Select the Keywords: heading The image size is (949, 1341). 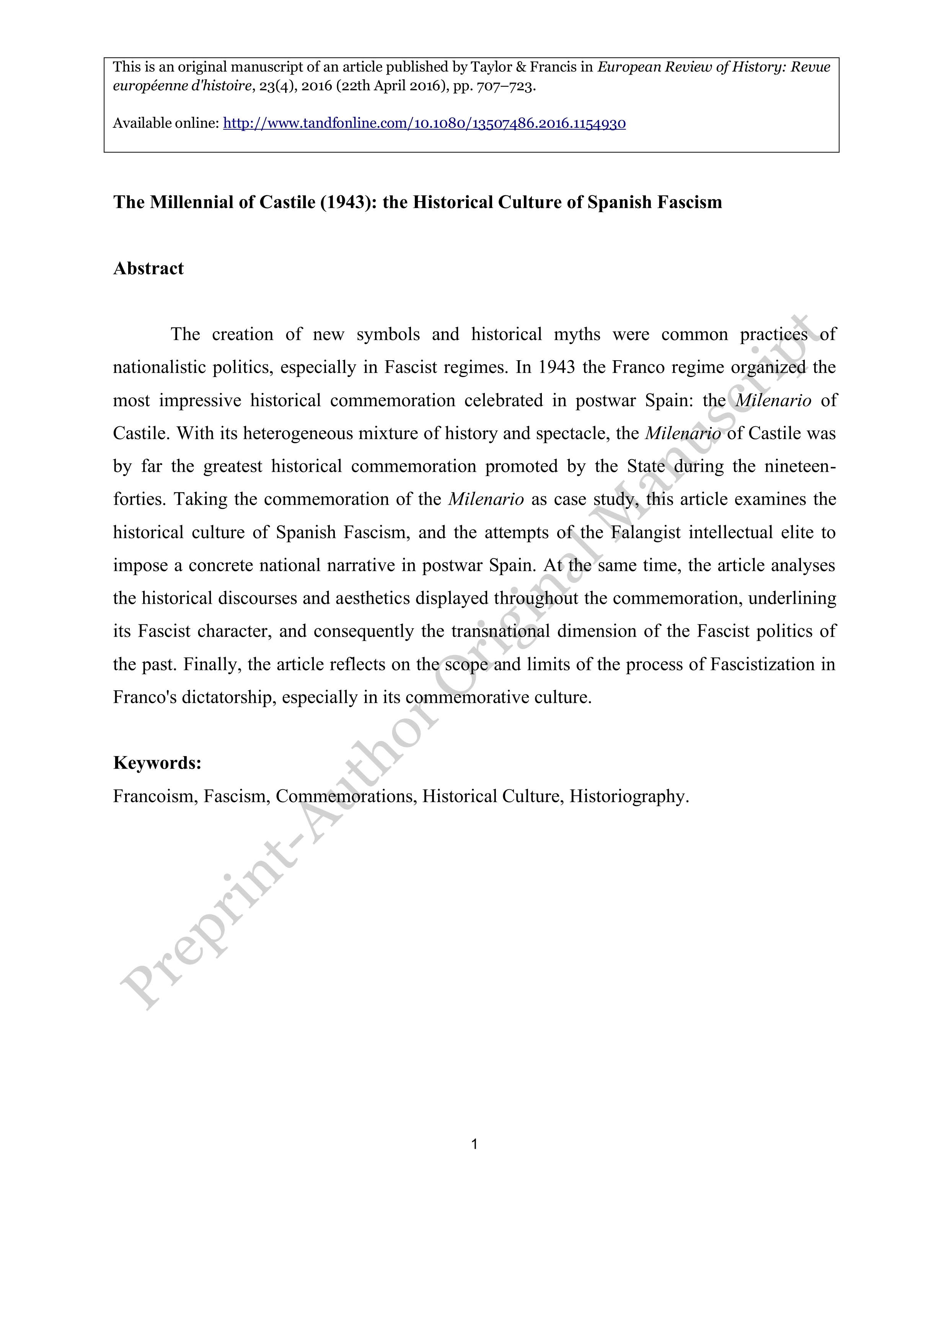point(157,763)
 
